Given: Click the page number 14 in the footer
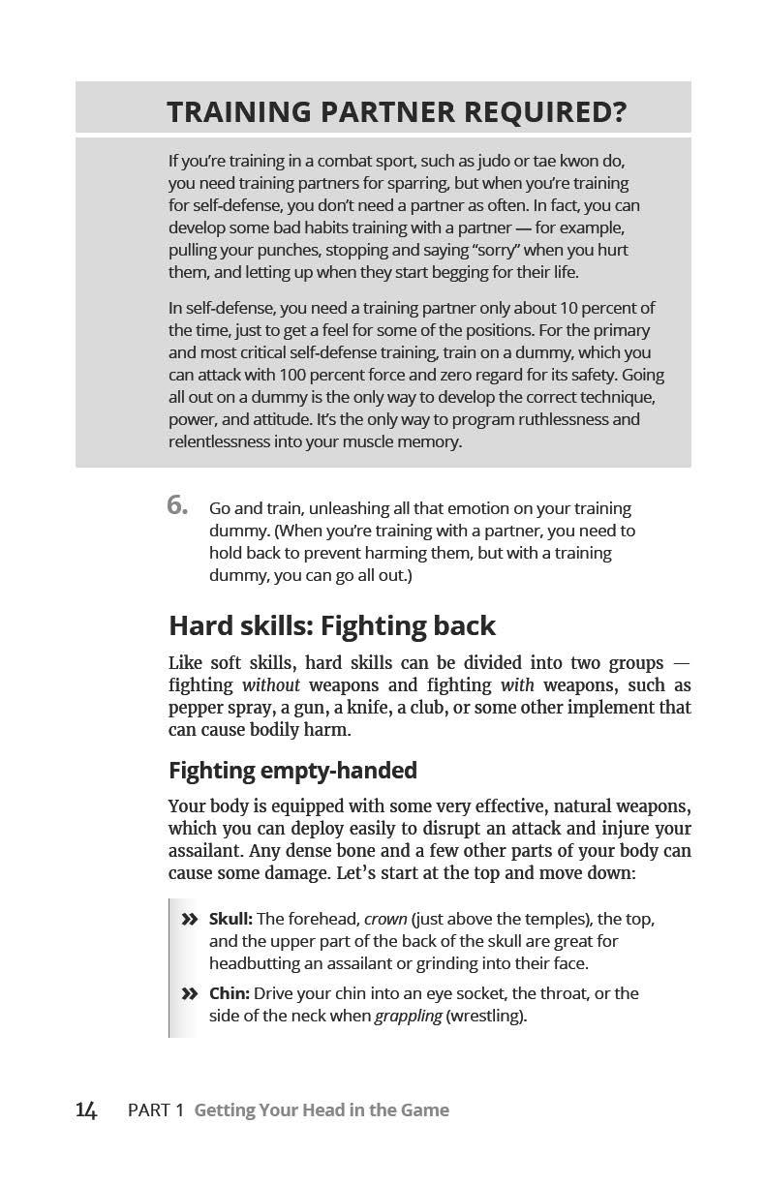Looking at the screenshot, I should click(x=86, y=1110).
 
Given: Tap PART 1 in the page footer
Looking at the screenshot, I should click(x=155, y=1110).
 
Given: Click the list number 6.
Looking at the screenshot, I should click(x=177, y=505).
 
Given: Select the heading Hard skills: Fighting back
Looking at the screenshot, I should click(x=331, y=625).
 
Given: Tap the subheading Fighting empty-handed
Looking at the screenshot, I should click(x=292, y=771).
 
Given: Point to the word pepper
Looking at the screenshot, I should click(x=197, y=708).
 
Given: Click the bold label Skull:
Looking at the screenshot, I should click(x=230, y=919).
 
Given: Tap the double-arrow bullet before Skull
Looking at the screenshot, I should click(x=189, y=919).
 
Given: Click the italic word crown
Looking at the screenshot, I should click(x=385, y=919).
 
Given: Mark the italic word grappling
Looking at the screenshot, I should click(x=408, y=1016).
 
